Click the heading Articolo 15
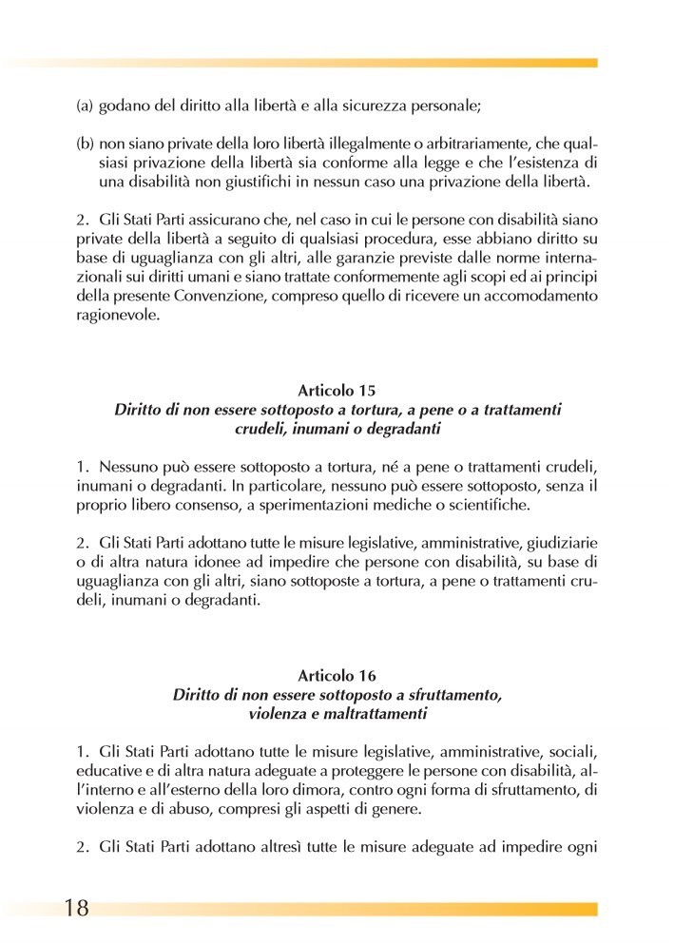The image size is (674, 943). [337, 391]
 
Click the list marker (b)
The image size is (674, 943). [84, 144]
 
